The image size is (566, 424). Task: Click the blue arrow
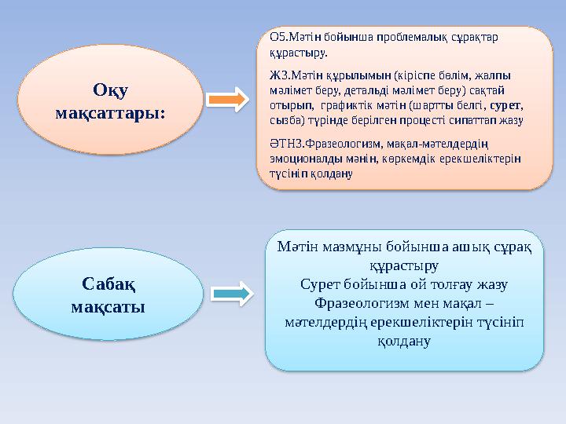(x=229, y=294)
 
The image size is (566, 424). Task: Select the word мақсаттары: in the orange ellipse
(x=111, y=112)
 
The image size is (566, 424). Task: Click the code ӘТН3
(x=281, y=144)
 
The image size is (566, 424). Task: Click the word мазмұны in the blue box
(x=354, y=248)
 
